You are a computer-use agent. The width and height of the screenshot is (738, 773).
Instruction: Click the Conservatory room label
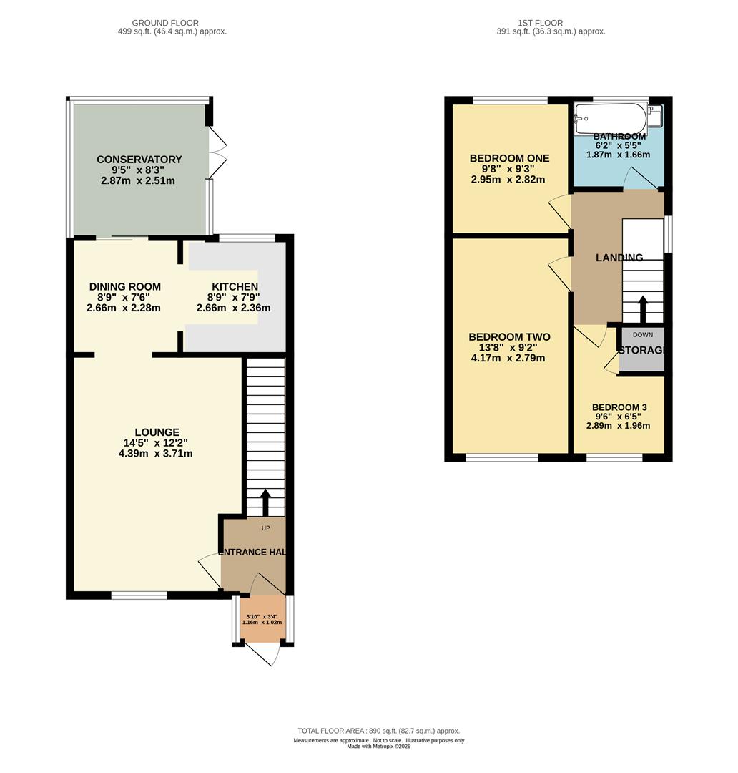(x=139, y=159)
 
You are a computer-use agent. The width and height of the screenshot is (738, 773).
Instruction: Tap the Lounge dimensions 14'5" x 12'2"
(x=156, y=443)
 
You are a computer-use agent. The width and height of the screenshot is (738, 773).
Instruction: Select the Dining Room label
(x=125, y=286)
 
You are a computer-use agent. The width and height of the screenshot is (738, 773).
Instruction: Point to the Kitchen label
(x=235, y=286)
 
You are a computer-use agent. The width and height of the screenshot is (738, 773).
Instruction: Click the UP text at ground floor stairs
(x=265, y=528)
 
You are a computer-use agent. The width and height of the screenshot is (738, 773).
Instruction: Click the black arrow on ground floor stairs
(x=265, y=502)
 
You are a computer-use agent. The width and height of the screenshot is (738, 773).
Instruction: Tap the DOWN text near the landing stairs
(x=643, y=334)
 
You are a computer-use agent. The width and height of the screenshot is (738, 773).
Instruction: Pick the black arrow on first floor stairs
(x=643, y=309)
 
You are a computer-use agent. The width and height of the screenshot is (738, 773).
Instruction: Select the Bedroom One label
(x=509, y=158)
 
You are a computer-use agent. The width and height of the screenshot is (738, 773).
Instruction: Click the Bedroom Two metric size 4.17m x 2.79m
(x=508, y=358)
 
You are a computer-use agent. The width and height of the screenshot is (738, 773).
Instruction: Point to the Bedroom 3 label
(x=619, y=407)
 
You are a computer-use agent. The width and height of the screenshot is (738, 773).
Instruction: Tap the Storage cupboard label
(x=642, y=350)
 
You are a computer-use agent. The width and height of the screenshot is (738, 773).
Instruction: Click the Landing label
(x=619, y=258)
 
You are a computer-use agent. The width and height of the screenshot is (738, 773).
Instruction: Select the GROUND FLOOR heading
(x=165, y=23)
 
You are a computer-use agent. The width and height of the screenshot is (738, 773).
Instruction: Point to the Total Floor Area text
(x=378, y=731)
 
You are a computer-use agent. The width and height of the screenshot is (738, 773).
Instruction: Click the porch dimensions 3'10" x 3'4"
(x=262, y=616)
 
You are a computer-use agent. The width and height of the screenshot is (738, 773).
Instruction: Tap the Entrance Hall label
(x=253, y=552)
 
